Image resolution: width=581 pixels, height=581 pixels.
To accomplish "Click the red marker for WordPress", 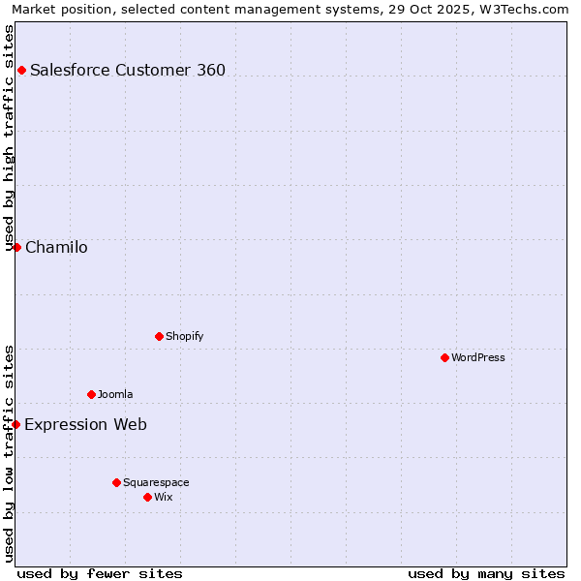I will pyautogui.click(x=444, y=357).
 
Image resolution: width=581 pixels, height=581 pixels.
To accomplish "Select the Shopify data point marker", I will pyautogui.click(x=159, y=336).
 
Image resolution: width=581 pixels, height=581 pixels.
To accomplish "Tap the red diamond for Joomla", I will pyautogui.click(x=91, y=394).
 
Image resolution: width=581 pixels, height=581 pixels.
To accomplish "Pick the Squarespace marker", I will pyautogui.click(x=116, y=482).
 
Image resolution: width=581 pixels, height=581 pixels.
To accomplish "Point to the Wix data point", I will pyautogui.click(x=147, y=497).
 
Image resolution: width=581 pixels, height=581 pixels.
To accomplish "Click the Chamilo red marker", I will pyautogui.click(x=16, y=247).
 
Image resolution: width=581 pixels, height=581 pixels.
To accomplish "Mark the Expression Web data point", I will pyautogui.click(x=15, y=424).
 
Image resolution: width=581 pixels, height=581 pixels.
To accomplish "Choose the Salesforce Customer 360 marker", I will pyautogui.click(x=21, y=70).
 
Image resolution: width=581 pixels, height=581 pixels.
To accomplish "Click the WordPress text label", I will pyautogui.click(x=478, y=357).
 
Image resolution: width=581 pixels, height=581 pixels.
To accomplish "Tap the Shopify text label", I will pyautogui.click(x=184, y=336).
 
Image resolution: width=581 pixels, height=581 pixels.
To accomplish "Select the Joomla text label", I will pyautogui.click(x=115, y=394).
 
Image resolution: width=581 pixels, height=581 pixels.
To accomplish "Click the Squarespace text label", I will pyautogui.click(x=156, y=482).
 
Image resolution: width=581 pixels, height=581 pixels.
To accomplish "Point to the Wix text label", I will pyautogui.click(x=164, y=497).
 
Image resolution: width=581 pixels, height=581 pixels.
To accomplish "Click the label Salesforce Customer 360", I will pyautogui.click(x=128, y=70).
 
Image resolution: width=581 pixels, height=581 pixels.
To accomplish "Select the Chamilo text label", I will pyautogui.click(x=56, y=247).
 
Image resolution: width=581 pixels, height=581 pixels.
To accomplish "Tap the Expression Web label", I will pyautogui.click(x=85, y=424).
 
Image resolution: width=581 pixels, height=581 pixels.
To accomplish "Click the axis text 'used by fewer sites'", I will pyautogui.click(x=100, y=573).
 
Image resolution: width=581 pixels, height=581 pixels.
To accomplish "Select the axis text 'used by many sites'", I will pyautogui.click(x=486, y=573).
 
